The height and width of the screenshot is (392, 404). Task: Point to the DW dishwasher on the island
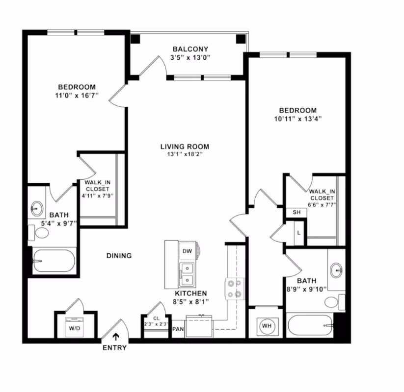point(186,251)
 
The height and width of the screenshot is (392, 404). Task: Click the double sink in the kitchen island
point(186,275)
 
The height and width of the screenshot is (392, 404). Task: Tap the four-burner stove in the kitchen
point(235,288)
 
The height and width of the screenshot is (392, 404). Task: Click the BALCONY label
point(190,49)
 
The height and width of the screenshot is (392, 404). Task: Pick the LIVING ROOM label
point(185,146)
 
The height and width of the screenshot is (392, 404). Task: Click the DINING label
point(119,255)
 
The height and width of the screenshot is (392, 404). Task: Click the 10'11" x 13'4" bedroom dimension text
point(298,119)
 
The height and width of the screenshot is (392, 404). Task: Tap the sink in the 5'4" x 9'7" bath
point(37,208)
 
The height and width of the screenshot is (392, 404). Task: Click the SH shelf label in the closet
point(296,212)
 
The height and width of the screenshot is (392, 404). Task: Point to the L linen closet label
point(298,232)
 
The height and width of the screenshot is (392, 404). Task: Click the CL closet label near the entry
point(156,318)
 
